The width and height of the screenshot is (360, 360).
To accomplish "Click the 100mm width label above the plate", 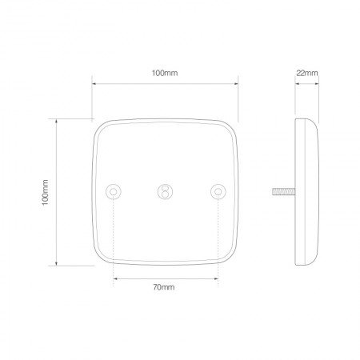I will [x=165, y=73].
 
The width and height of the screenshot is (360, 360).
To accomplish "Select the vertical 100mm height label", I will [x=45, y=192].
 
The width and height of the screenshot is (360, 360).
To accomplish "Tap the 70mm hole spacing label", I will [x=165, y=288].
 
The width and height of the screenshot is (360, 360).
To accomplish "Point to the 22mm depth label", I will [x=306, y=73].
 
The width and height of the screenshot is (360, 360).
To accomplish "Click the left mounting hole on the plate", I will [x=114, y=191].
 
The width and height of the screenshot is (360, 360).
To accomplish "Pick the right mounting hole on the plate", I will [x=216, y=191].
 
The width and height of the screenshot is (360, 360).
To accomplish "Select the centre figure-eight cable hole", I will [x=165, y=191].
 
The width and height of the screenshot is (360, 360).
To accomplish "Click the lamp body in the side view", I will [x=306, y=192].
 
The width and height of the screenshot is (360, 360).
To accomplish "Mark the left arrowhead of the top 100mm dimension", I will [x=94, y=82].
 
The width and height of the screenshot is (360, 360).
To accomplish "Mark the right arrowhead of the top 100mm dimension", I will [x=236, y=82].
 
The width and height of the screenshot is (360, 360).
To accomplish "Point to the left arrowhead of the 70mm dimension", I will [x=116, y=278].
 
